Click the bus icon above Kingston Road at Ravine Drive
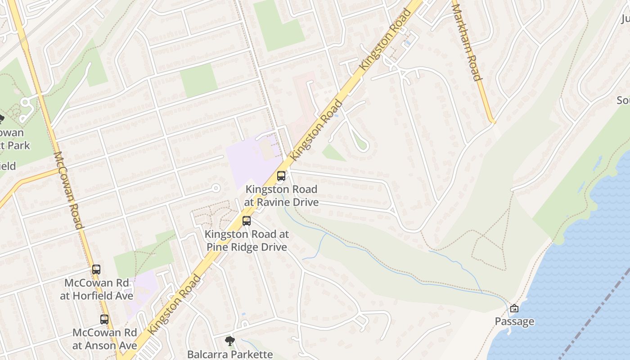[x=281, y=176]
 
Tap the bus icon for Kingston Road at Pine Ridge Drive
[x=247, y=221]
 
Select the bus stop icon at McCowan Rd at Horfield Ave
[x=96, y=270]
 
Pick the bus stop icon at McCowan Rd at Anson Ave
[x=104, y=319]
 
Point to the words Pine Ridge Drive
[x=247, y=247]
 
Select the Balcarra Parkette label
[x=230, y=354]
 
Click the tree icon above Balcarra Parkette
[x=230, y=341]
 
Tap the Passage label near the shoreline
[x=514, y=321]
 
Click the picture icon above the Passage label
[x=514, y=309]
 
